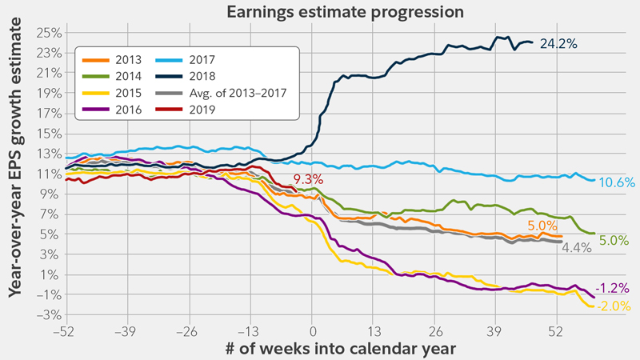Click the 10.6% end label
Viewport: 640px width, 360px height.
(x=617, y=183)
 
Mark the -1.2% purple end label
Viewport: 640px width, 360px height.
(x=614, y=288)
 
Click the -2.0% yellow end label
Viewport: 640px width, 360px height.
(x=614, y=306)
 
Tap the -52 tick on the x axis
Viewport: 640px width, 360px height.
(x=66, y=330)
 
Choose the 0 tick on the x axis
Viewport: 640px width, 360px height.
(x=313, y=330)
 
